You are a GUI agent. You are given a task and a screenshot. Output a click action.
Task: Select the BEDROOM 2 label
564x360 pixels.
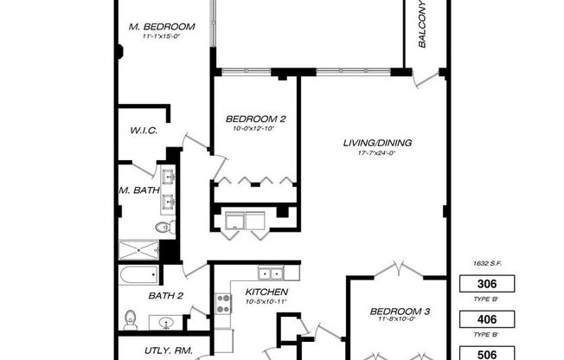click(x=255, y=119)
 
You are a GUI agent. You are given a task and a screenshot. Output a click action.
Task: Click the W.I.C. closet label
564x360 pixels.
click(x=143, y=130)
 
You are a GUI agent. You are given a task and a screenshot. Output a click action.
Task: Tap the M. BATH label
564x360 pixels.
click(x=138, y=190)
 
